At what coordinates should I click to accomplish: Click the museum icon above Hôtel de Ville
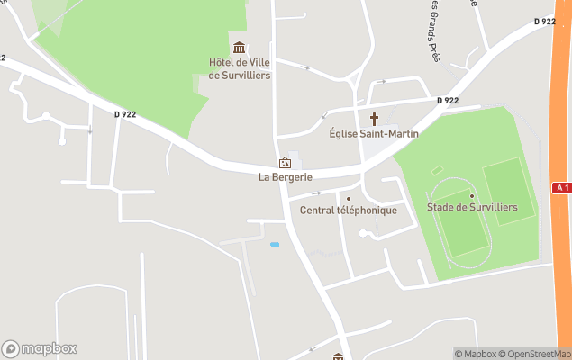pyautogui.click(x=239, y=47)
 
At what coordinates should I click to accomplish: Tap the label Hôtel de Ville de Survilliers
pyautogui.click(x=239, y=69)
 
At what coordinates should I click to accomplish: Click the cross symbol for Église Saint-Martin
pyautogui.click(x=374, y=119)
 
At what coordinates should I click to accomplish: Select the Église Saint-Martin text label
pyautogui.click(x=374, y=134)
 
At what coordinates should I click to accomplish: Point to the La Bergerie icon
pyautogui.click(x=285, y=163)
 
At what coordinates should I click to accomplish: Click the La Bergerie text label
pyautogui.click(x=285, y=177)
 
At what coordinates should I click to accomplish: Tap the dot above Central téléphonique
pyautogui.click(x=349, y=199)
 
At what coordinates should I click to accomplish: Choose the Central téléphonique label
pyautogui.click(x=349, y=211)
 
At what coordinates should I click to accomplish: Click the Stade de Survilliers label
pyautogui.click(x=472, y=208)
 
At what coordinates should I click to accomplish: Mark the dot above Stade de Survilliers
pyautogui.click(x=471, y=195)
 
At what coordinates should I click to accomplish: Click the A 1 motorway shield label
pyautogui.click(x=561, y=186)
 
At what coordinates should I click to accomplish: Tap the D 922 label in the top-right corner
pyautogui.click(x=544, y=22)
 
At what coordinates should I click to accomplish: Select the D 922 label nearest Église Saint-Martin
pyautogui.click(x=449, y=101)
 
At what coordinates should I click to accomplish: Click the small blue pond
pyautogui.click(x=274, y=244)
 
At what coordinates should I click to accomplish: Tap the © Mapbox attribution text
pyautogui.click(x=476, y=354)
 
